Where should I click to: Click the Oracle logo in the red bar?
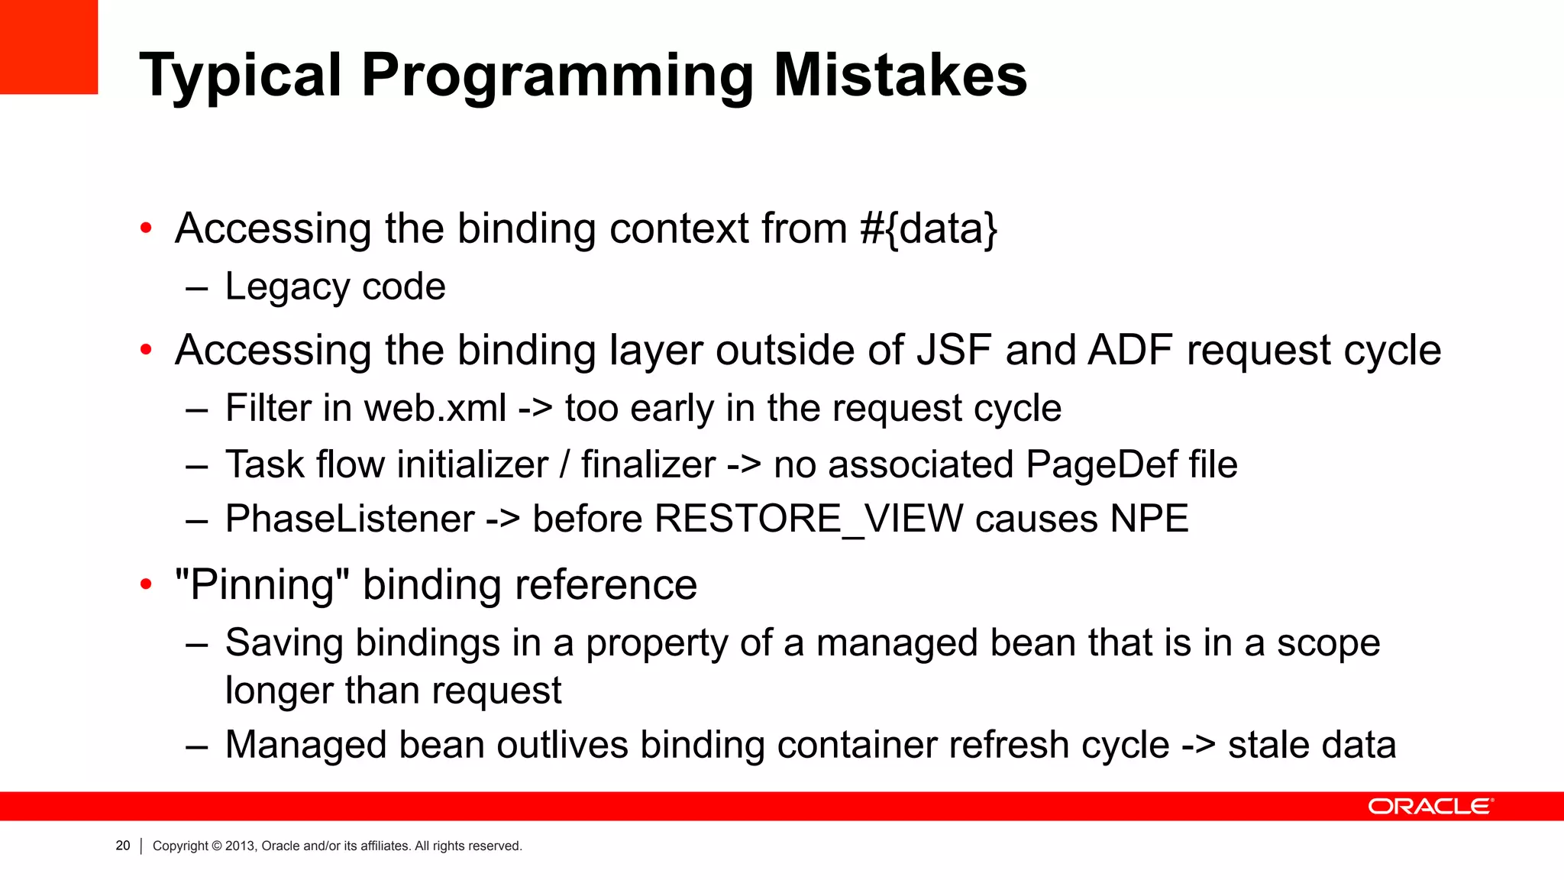(1430, 807)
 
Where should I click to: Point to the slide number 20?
(123, 846)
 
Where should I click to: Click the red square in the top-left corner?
(49, 47)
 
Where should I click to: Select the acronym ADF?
(1130, 351)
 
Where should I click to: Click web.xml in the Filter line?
(435, 408)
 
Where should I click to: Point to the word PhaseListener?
(350, 519)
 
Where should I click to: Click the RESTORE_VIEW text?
(809, 519)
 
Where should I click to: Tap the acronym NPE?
(1149, 519)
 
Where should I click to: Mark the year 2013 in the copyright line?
(238, 846)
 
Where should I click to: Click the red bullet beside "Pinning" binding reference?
(146, 585)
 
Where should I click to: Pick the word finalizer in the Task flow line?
(648, 465)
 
